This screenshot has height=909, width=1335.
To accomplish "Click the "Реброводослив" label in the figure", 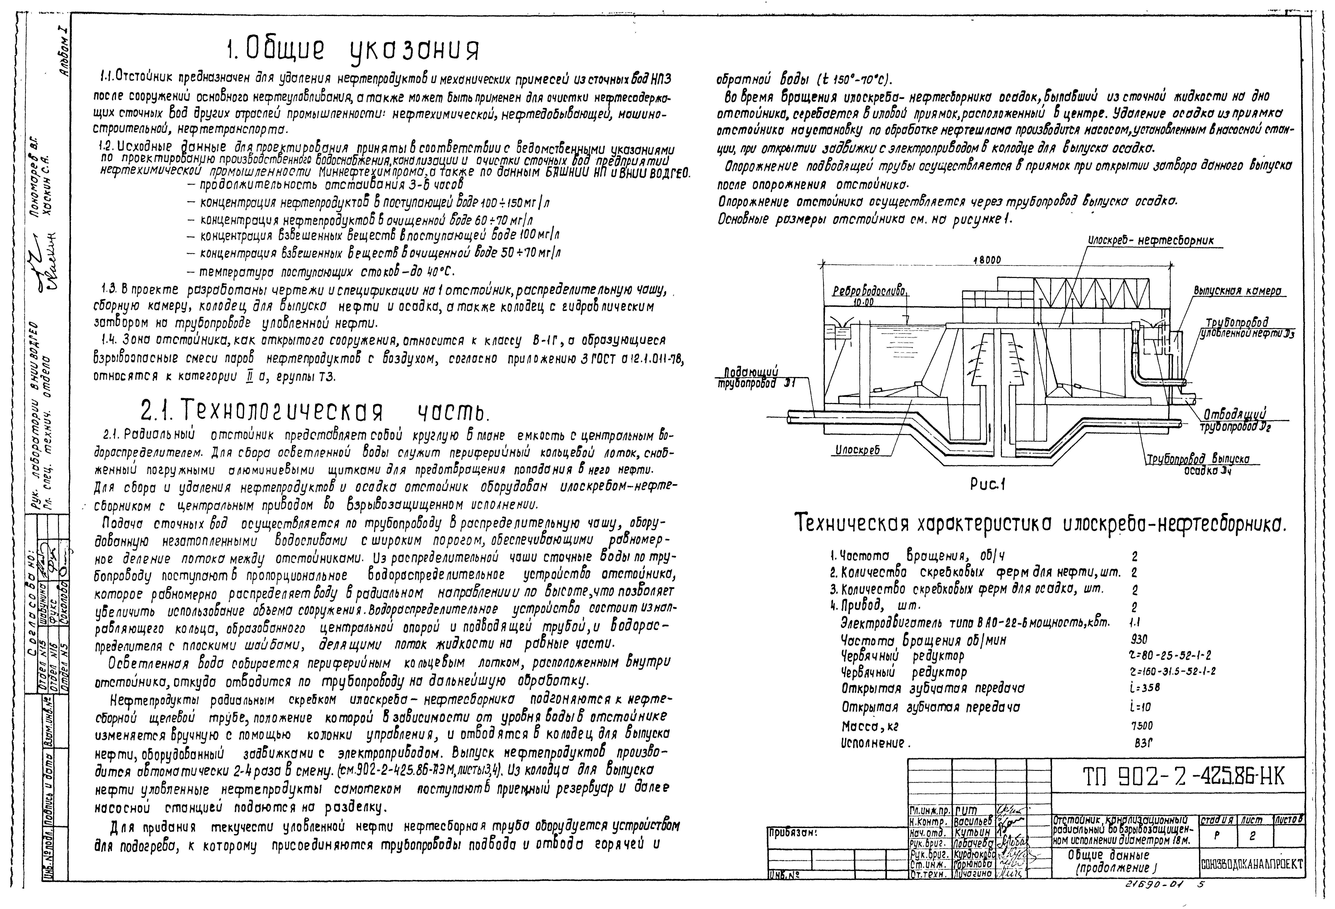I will [x=869, y=292].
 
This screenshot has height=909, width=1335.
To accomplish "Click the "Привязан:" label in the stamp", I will [x=792, y=833].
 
